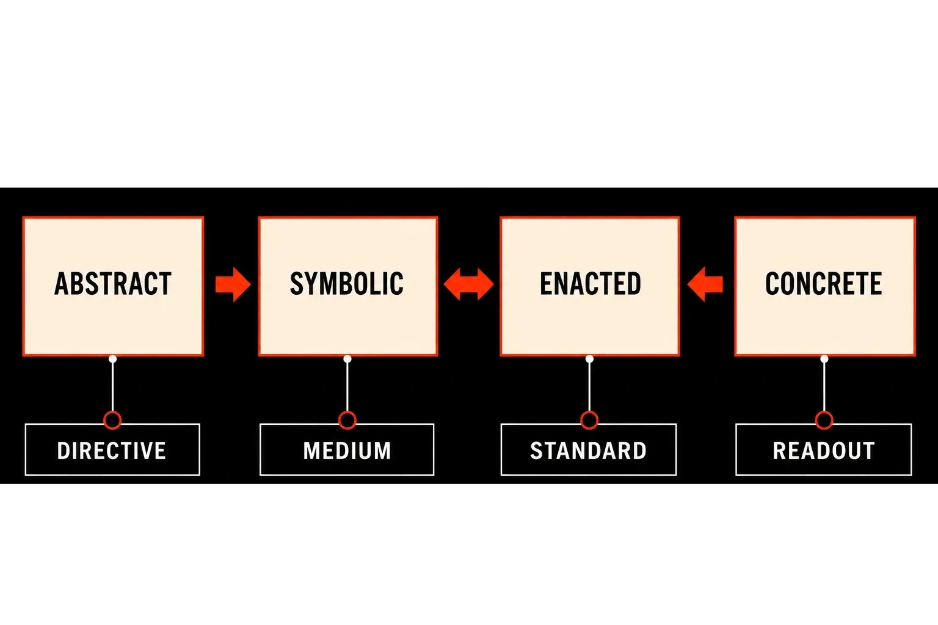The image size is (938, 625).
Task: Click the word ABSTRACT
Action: click(x=112, y=284)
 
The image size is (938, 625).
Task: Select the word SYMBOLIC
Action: click(x=347, y=284)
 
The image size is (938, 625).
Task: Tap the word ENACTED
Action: click(x=590, y=284)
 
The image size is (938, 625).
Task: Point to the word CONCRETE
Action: click(x=824, y=284)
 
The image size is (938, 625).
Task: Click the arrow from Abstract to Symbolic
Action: click(x=233, y=284)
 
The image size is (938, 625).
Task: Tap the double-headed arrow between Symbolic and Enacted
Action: click(x=468, y=284)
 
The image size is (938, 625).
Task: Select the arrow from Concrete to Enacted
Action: click(x=705, y=284)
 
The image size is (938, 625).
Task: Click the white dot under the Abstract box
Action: click(x=112, y=359)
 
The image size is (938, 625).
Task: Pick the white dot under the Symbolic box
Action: click(x=347, y=359)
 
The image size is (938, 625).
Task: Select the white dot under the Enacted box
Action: click(x=589, y=359)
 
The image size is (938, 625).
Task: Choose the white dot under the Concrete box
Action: click(x=824, y=359)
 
